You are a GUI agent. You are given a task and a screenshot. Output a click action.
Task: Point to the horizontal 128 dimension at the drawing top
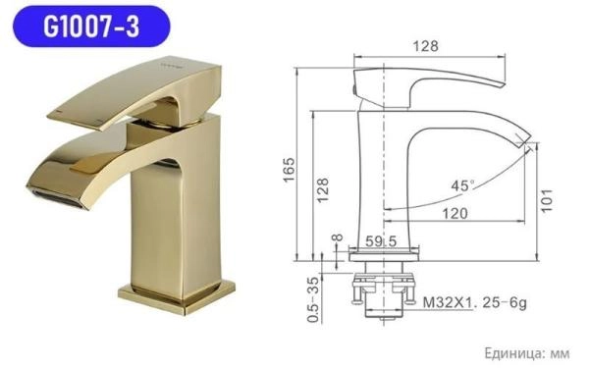[x=425, y=47]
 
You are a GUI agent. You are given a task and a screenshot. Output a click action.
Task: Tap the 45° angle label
[x=462, y=184]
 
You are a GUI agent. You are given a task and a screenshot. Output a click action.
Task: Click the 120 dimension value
[x=455, y=211]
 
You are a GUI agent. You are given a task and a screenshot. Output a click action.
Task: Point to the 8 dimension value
[x=337, y=239]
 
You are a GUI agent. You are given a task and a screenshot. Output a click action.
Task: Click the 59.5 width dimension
[x=379, y=239]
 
